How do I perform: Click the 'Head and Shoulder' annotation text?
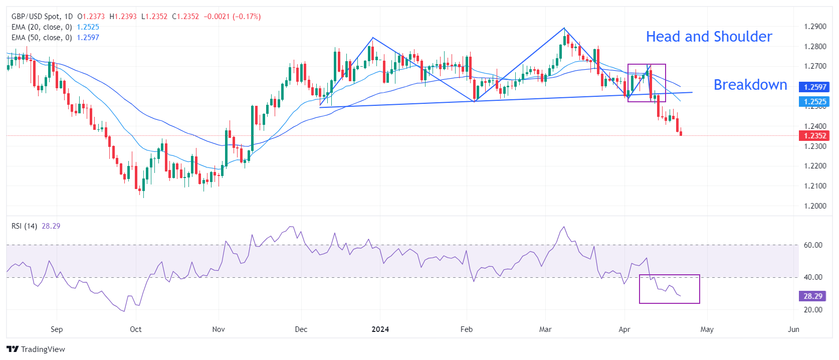click(709, 37)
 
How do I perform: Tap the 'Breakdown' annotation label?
click(750, 85)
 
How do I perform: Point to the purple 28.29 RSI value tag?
click(812, 296)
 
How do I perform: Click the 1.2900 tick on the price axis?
click(815, 27)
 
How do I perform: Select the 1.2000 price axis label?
click(815, 206)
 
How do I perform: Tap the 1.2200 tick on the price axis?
click(815, 166)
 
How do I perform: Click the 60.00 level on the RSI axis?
click(813, 245)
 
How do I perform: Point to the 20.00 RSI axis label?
click(813, 310)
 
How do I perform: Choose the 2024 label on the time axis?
click(380, 329)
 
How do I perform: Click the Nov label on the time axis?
click(219, 329)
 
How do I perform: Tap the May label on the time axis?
click(707, 329)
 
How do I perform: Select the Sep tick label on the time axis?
click(57, 329)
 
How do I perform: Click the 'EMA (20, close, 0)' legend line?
click(42, 27)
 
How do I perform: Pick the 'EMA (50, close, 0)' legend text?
click(42, 38)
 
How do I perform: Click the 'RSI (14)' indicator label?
click(24, 226)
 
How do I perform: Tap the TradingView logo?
click(36, 349)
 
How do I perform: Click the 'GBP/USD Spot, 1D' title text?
click(42, 17)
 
